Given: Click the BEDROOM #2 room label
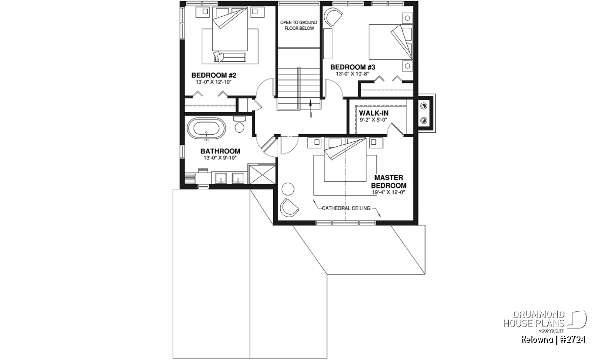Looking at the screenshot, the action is click(214, 75).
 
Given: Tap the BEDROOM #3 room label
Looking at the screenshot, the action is click(353, 67).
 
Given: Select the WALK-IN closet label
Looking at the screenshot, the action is click(373, 113).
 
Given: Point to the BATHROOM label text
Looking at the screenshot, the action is click(220, 151).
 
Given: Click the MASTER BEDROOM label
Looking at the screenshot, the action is click(389, 182).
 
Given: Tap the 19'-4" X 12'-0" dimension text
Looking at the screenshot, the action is click(389, 192).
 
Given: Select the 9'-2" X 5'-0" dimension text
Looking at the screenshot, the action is click(373, 119).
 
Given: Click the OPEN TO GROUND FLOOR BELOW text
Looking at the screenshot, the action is click(298, 25).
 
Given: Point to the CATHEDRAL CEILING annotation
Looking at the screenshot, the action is click(346, 208).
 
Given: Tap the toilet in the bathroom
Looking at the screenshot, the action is click(239, 124).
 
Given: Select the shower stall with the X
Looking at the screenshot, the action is click(261, 174).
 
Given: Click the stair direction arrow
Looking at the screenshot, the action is click(311, 108).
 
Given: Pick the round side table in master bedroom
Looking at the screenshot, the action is click(288, 189).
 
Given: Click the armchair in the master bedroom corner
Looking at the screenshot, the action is click(289, 208).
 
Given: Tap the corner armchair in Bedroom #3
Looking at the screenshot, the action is click(333, 18).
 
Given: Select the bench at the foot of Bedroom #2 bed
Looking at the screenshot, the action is click(230, 57).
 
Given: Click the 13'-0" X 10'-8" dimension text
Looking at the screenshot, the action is click(353, 73).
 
